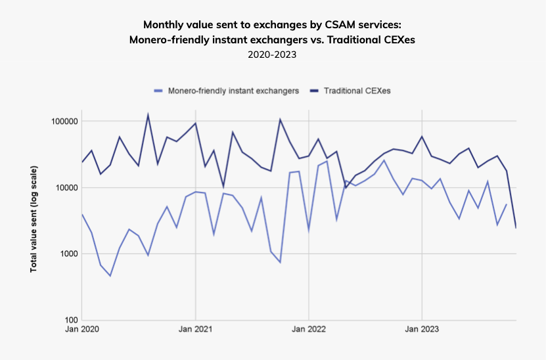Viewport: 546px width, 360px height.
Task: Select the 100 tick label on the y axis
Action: [69, 320]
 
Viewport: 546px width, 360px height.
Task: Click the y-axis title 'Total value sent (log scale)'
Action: [33, 220]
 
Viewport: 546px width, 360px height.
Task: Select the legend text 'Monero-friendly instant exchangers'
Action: [233, 91]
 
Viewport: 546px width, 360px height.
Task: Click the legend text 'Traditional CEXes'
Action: [357, 91]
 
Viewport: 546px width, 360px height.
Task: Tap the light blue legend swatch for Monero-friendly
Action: [158, 91]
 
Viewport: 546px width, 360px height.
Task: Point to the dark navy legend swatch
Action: [314, 91]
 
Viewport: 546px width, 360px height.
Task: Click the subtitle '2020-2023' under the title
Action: [272, 55]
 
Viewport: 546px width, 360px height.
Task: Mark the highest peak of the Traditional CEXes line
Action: [148, 115]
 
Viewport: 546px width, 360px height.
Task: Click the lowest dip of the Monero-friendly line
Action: [110, 276]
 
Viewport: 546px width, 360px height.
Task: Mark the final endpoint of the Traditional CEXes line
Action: [516, 228]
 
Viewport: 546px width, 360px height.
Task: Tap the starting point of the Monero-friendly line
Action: [82, 214]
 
